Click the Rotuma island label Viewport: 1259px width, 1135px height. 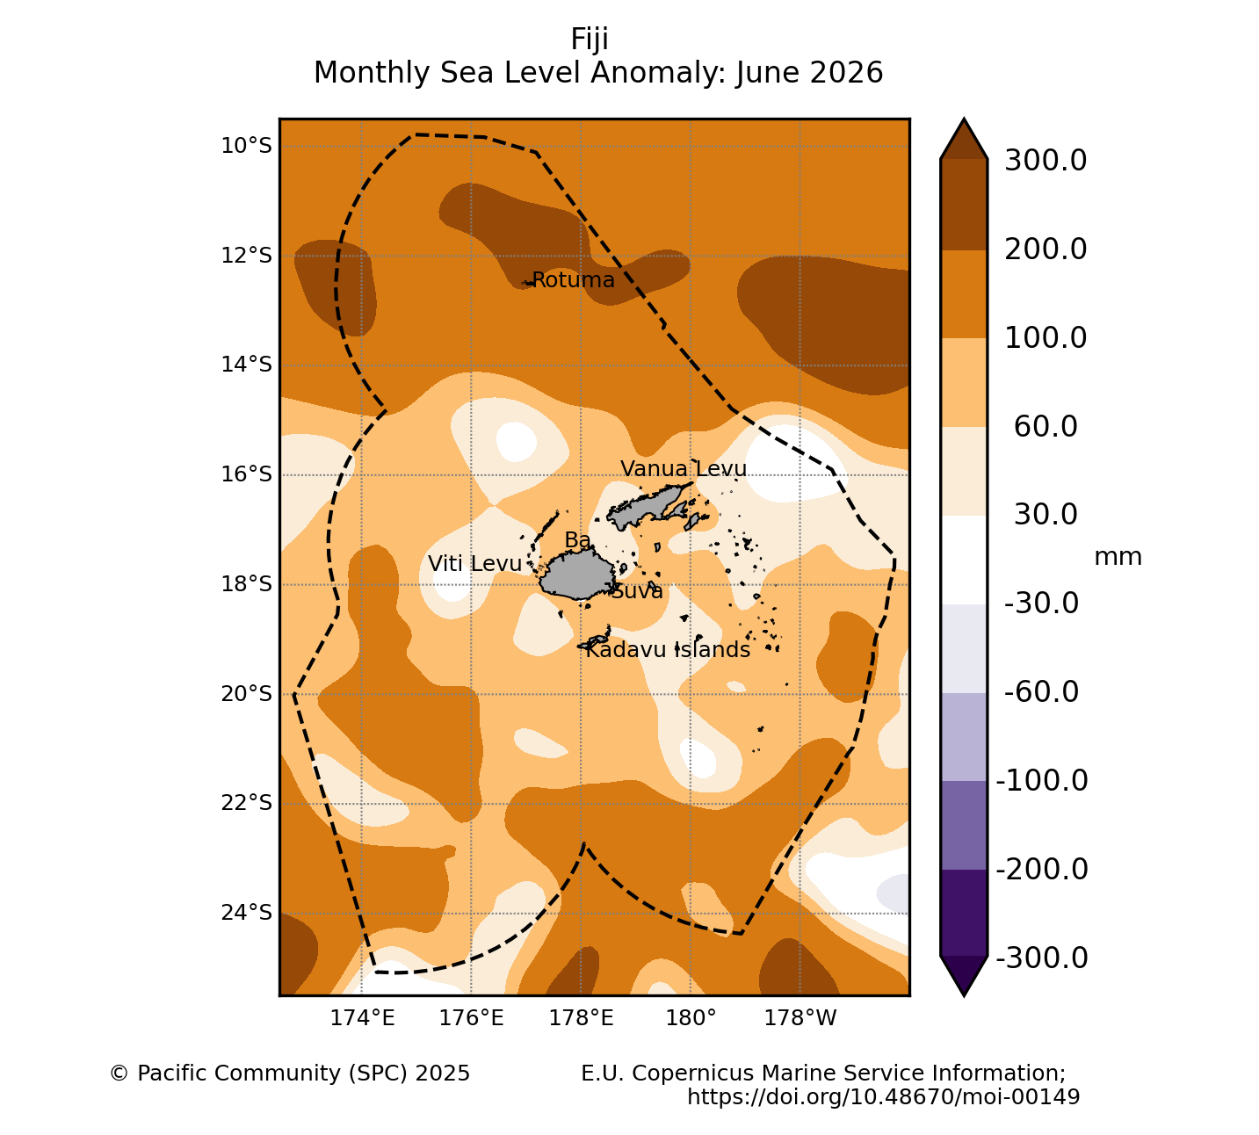[573, 280]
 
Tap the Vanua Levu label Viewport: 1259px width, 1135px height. [684, 469]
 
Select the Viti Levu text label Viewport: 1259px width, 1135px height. [474, 564]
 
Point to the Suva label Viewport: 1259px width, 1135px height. [636, 591]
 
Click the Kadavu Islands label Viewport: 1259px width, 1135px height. [667, 650]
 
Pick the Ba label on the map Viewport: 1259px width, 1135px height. [577, 540]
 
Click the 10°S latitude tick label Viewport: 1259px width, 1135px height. [246, 146]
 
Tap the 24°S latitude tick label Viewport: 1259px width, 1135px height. [246, 912]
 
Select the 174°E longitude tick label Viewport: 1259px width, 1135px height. [362, 1017]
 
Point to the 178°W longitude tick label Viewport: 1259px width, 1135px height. [800, 1017]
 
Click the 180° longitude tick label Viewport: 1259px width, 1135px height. [691, 1017]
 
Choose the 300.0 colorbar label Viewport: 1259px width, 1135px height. [1046, 161]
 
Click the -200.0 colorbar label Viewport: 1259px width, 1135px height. [1042, 870]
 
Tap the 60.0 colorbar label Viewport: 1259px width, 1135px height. [1046, 427]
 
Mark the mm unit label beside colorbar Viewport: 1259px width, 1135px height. [1118, 557]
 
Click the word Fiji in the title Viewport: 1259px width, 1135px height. [590, 40]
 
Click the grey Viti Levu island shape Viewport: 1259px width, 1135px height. [576, 575]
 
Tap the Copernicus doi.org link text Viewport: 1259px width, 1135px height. [883, 1096]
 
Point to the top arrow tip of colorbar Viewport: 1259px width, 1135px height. [964, 119]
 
